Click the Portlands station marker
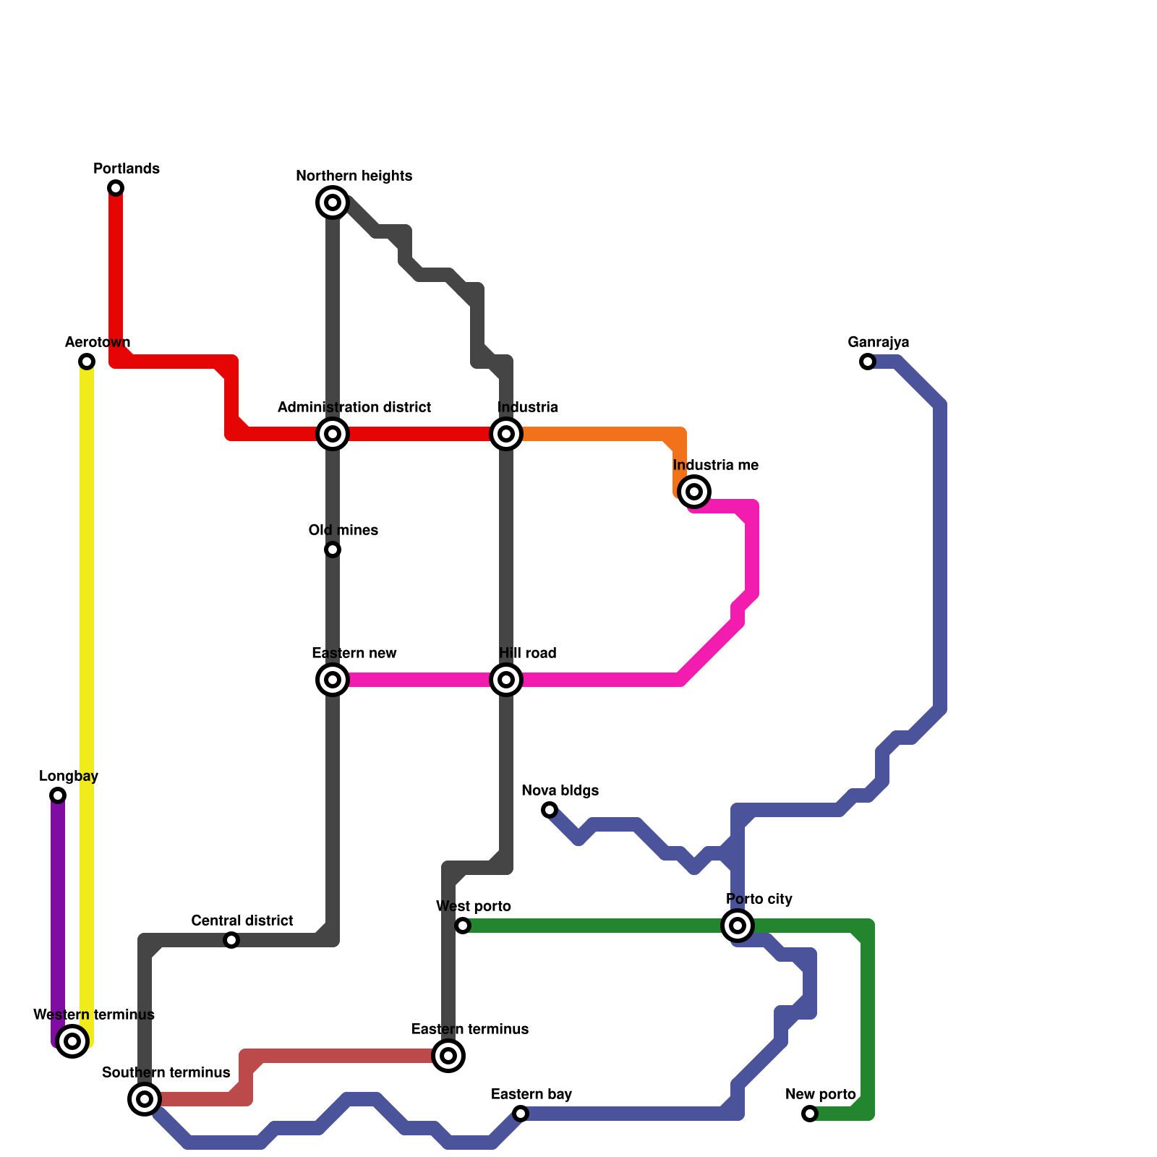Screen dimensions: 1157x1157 coord(116,188)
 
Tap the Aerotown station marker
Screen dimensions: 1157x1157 coord(87,362)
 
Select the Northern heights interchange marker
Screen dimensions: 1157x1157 coord(333,202)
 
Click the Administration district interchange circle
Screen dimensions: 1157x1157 coord(333,434)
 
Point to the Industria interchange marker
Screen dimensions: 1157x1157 coord(506,434)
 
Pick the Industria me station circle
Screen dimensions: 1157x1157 coord(694,492)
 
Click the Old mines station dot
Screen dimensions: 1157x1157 coord(333,550)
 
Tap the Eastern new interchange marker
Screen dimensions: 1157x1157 coord(333,680)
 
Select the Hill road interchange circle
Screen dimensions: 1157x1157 coord(506,680)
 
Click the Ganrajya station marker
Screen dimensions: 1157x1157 coord(868,362)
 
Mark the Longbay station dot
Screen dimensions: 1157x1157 coord(58,795)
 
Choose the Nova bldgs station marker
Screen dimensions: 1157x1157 coord(550,810)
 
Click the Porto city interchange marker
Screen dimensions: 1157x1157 coord(738,926)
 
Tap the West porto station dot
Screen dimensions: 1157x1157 coord(463,926)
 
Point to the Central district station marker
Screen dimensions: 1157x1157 coord(231,940)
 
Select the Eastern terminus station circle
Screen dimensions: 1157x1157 coord(448,1056)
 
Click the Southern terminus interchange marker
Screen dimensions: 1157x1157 coord(145,1099)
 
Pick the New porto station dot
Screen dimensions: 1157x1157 coord(810,1114)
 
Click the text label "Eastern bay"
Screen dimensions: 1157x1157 coord(531,1094)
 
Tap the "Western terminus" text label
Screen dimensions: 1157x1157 coord(94,1015)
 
